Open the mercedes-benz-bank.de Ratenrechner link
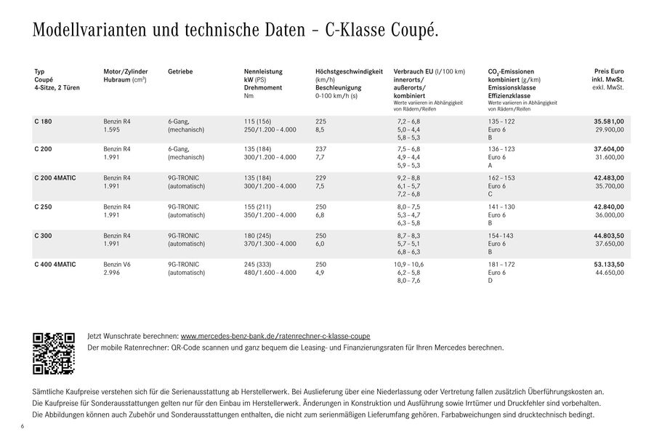275,337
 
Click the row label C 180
43,121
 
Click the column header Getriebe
180,71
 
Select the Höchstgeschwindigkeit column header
349,71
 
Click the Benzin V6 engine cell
118,264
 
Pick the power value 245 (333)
258,264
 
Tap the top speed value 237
322,149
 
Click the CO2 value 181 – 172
501,264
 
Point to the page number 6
23,425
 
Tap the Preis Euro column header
609,71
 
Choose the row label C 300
43,236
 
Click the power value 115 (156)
258,121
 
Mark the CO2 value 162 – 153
501,178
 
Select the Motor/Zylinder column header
126,71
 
